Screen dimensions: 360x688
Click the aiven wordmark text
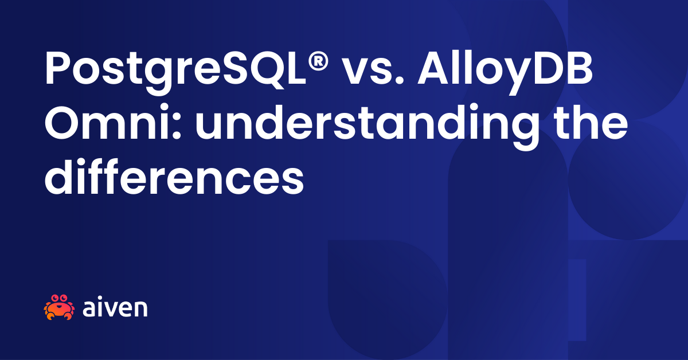tap(115, 308)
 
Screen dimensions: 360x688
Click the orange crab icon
tap(59, 307)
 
